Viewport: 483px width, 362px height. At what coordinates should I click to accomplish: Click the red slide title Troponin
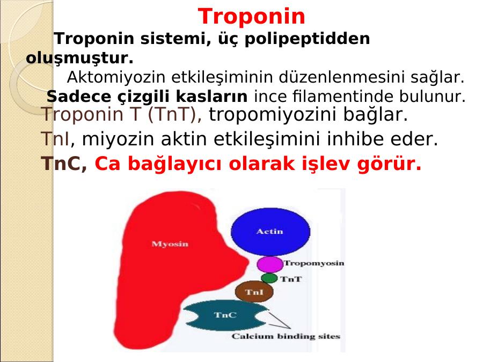tap(251, 16)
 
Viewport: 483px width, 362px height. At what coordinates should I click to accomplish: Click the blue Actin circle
tap(270, 232)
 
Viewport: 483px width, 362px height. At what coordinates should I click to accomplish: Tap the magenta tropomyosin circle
tap(270, 264)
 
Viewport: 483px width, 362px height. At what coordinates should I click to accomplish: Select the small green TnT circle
tap(269, 278)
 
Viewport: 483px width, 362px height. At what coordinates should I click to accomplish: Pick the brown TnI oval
tap(254, 292)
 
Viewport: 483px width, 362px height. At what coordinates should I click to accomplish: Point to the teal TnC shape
tap(225, 315)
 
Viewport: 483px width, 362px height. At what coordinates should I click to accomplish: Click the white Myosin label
tap(170, 244)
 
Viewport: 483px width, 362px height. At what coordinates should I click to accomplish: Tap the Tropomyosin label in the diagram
tap(314, 263)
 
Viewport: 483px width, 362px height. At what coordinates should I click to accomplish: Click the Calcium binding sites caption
tap(286, 336)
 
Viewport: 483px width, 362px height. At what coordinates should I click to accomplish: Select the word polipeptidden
tap(307, 39)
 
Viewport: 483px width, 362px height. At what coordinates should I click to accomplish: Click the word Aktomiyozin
tap(116, 77)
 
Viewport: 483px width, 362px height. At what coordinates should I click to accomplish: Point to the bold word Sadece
tap(78, 97)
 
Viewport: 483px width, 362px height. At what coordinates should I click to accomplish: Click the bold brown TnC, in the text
tap(64, 164)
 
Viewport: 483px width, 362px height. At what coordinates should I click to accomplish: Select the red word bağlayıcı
tap(174, 164)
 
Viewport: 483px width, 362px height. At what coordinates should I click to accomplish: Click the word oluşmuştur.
tap(80, 58)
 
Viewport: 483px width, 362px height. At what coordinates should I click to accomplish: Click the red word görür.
tap(389, 164)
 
